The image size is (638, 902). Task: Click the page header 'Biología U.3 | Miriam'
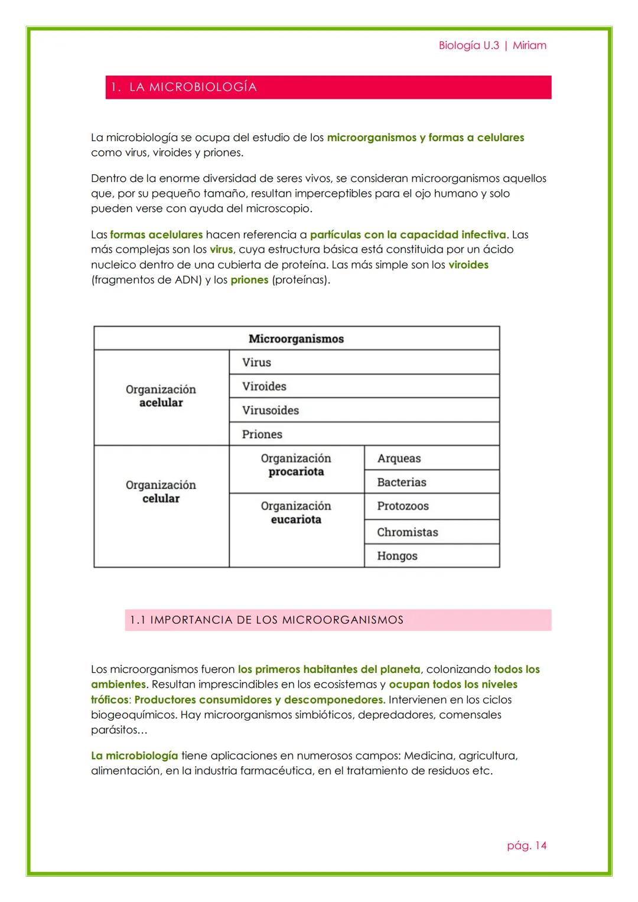point(492,45)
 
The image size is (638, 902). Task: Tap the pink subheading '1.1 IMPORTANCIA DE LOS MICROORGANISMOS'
point(267,620)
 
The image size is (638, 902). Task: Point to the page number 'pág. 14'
point(526,845)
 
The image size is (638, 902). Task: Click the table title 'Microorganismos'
point(296,338)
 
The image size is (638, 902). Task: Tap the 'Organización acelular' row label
point(161,396)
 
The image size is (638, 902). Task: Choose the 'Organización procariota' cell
point(296,465)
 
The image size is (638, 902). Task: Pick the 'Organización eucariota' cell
point(296,513)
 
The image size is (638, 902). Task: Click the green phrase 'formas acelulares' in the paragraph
point(156,235)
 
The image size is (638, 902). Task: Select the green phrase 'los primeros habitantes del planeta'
point(329,669)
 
